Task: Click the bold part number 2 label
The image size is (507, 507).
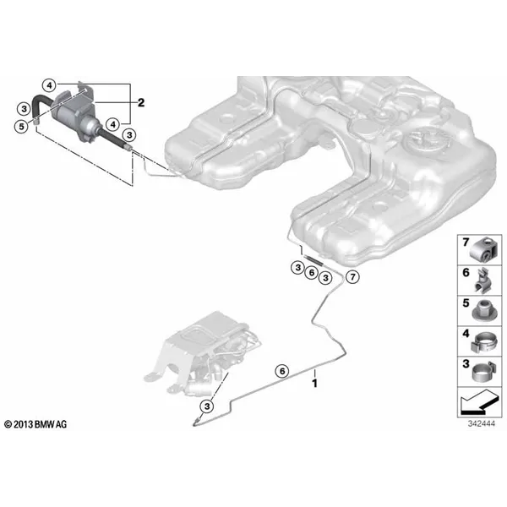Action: pos(141,103)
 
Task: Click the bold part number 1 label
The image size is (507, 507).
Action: pos(314,384)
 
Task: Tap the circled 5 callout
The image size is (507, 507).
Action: pos(21,126)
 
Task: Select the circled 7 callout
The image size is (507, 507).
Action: pos(352,277)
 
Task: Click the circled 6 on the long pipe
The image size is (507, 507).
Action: pos(282,371)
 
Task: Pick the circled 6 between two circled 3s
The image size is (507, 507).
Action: pos(311,273)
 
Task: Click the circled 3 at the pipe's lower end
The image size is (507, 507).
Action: pos(207,406)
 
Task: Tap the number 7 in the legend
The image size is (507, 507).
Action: pos(466,243)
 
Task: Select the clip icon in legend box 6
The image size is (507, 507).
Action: pos(482,280)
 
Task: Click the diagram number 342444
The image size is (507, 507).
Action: pos(481,423)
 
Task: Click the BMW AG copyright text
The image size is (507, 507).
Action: pos(35,424)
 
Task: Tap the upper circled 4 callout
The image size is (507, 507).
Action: pos(49,85)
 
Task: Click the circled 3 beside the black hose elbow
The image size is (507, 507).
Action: pos(24,109)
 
